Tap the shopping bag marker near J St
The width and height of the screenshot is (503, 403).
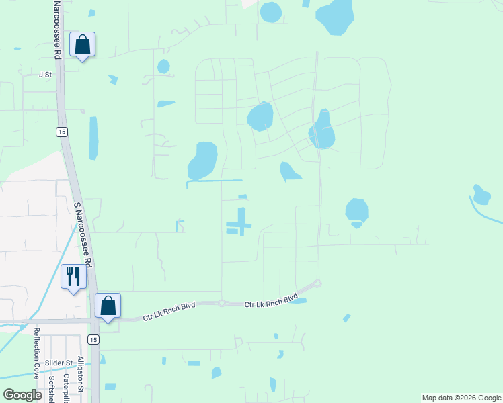82,45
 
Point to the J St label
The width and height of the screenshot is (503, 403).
45,75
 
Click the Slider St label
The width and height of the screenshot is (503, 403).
59,363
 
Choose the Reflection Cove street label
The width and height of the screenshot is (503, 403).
38,353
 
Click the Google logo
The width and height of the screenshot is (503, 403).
22,395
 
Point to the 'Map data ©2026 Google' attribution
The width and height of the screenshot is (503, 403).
461,398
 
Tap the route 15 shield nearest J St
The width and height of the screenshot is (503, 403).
61,131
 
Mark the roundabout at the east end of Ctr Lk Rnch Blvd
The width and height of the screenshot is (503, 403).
318,284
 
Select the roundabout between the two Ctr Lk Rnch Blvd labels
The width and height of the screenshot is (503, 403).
221,304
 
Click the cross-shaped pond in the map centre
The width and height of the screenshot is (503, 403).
240,221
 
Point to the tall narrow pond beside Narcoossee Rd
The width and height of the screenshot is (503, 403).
93,138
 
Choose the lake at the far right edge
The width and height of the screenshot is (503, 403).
481,194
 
